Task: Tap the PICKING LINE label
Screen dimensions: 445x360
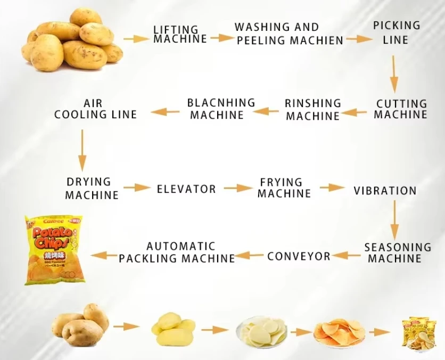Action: point(396,32)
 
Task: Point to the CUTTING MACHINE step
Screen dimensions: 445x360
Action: point(401,109)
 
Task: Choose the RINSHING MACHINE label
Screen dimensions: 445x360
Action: point(312,110)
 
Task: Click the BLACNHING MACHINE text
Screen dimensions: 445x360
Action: point(221,108)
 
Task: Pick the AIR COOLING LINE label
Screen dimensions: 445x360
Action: point(95,108)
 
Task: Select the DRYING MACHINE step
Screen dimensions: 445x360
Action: point(92,189)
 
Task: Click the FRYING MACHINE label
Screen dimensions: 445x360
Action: point(284,188)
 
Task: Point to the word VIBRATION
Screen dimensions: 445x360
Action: point(385,190)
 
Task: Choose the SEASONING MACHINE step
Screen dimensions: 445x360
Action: point(398,252)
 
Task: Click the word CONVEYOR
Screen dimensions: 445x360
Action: point(299,256)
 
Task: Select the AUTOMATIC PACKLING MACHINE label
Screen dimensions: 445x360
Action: point(177,252)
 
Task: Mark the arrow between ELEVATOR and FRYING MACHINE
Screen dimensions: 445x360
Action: point(238,188)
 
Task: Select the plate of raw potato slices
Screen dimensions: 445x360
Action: point(262,331)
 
